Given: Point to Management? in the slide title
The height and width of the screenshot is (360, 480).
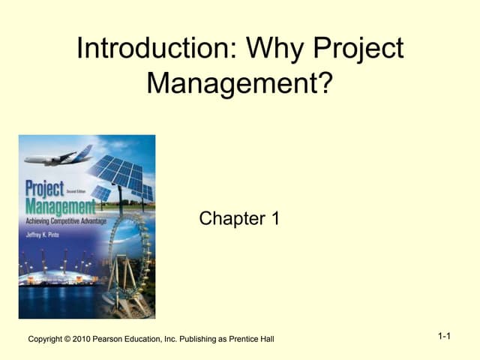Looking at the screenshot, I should [x=238, y=82].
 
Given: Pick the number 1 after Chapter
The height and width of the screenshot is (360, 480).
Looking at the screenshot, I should [x=274, y=219].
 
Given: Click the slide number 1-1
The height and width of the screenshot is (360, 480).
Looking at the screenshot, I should [x=444, y=336].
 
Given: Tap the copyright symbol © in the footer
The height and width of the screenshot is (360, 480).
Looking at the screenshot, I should [x=68, y=339].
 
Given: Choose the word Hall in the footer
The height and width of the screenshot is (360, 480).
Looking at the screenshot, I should [x=266, y=339].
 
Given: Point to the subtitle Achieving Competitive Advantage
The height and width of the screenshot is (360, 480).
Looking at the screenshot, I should [x=66, y=222].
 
